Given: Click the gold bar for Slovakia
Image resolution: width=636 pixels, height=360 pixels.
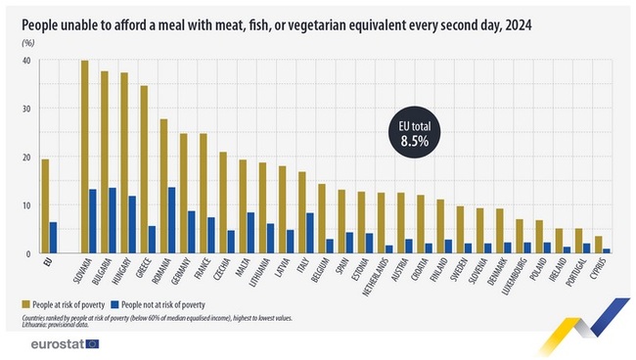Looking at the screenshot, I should click(84, 157).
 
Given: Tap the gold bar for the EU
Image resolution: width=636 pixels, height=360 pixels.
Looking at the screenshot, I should click(45, 205).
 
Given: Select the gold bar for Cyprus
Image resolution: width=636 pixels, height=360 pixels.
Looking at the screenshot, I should click(599, 245).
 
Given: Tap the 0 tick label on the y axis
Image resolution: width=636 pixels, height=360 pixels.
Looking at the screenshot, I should click(28, 253).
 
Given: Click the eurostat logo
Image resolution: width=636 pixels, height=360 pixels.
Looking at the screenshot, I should click(65, 344).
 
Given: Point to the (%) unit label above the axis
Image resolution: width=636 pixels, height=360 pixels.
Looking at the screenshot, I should click(28, 42).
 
